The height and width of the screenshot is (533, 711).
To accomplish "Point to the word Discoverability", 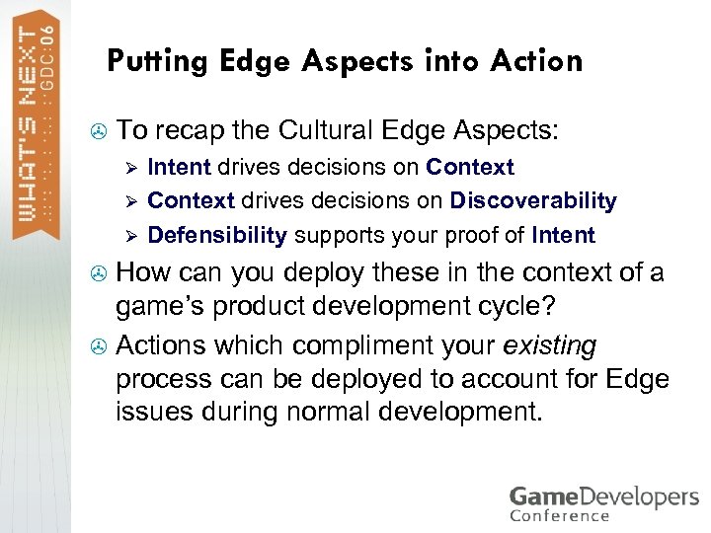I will [x=533, y=201].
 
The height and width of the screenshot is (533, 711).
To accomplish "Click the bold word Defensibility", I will [x=216, y=236].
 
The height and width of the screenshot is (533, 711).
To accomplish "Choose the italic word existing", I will [x=549, y=346].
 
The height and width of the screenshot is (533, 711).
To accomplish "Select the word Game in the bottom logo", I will [x=543, y=495].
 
